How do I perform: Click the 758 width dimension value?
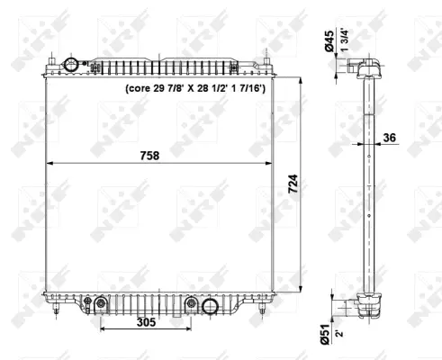coord(149,155)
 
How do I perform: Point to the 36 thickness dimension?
coord(389,138)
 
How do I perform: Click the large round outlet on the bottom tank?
coord(211,307)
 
